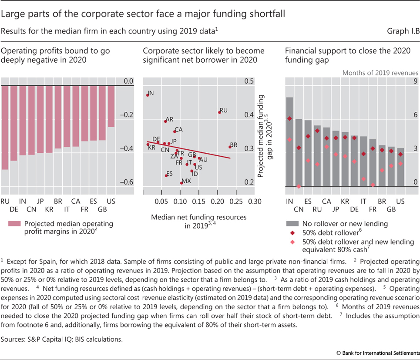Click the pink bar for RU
pyautogui.click(x=5, y=128)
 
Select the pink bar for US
pyautogui.click(x=111, y=106)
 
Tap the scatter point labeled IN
pyautogui.click(x=148, y=94)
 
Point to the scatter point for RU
pyautogui.click(x=219, y=112)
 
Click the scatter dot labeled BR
pyautogui.click(x=230, y=147)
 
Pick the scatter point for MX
pyautogui.click(x=181, y=183)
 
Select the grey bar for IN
pyautogui.click(x=289, y=141)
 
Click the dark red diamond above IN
pyautogui.click(x=289, y=118)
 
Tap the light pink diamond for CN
pyautogui.click(x=299, y=186)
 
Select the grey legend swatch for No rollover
pyautogui.click(x=292, y=224)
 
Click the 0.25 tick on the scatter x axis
pyautogui.click(x=236, y=202)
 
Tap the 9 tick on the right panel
pyautogui.click(x=415, y=81)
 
